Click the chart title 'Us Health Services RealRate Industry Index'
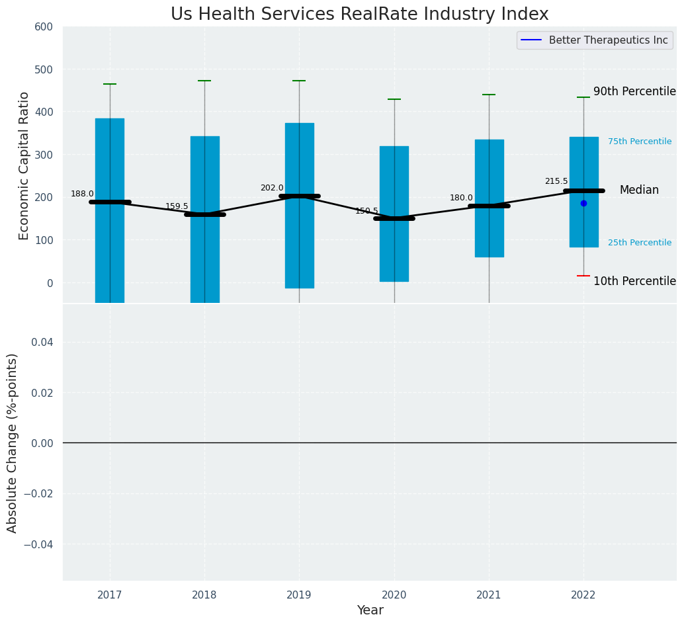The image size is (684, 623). [359, 15]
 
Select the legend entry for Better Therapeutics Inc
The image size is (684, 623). [608, 40]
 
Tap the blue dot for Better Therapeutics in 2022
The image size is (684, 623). [583, 203]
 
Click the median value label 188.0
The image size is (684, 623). [83, 194]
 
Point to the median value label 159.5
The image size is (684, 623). [177, 206]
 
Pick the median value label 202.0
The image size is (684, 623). [272, 188]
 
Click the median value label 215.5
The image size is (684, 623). [556, 181]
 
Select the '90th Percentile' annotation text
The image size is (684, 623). [634, 92]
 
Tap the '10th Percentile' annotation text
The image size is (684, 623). [634, 281]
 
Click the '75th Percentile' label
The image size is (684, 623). [640, 142]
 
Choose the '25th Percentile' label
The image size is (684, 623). [640, 243]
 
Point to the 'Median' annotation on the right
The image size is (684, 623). [639, 190]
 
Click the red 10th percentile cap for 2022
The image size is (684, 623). [583, 276]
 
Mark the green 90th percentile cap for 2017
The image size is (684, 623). [110, 84]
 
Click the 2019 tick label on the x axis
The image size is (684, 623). [299, 595]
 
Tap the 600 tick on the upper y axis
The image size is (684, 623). [44, 27]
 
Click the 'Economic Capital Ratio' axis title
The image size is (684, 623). [24, 165]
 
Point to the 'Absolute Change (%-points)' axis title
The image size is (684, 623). [13, 442]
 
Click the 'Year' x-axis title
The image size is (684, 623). [370, 610]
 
